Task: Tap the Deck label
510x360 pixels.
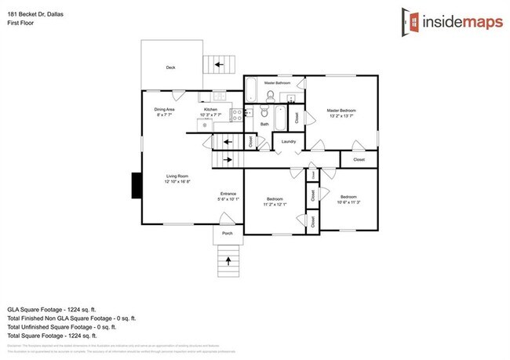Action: [x=170, y=68]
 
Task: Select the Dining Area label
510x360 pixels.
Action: [x=163, y=110]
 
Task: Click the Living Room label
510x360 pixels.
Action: [x=177, y=176]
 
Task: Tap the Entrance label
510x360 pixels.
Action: [x=228, y=194]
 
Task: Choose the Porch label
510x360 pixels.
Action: [x=228, y=233]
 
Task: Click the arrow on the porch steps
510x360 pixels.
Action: [x=228, y=260]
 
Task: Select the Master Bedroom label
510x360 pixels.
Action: [x=341, y=111]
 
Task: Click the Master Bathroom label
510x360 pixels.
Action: [x=277, y=83]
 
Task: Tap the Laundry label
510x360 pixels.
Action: [x=288, y=142]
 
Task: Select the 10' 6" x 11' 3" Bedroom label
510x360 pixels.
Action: [x=348, y=197]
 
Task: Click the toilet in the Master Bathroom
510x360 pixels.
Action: [x=270, y=96]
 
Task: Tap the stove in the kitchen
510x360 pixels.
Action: [x=206, y=124]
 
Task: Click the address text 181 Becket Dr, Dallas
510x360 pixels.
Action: [x=35, y=7]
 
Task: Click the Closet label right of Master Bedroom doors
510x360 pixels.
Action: [x=359, y=159]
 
